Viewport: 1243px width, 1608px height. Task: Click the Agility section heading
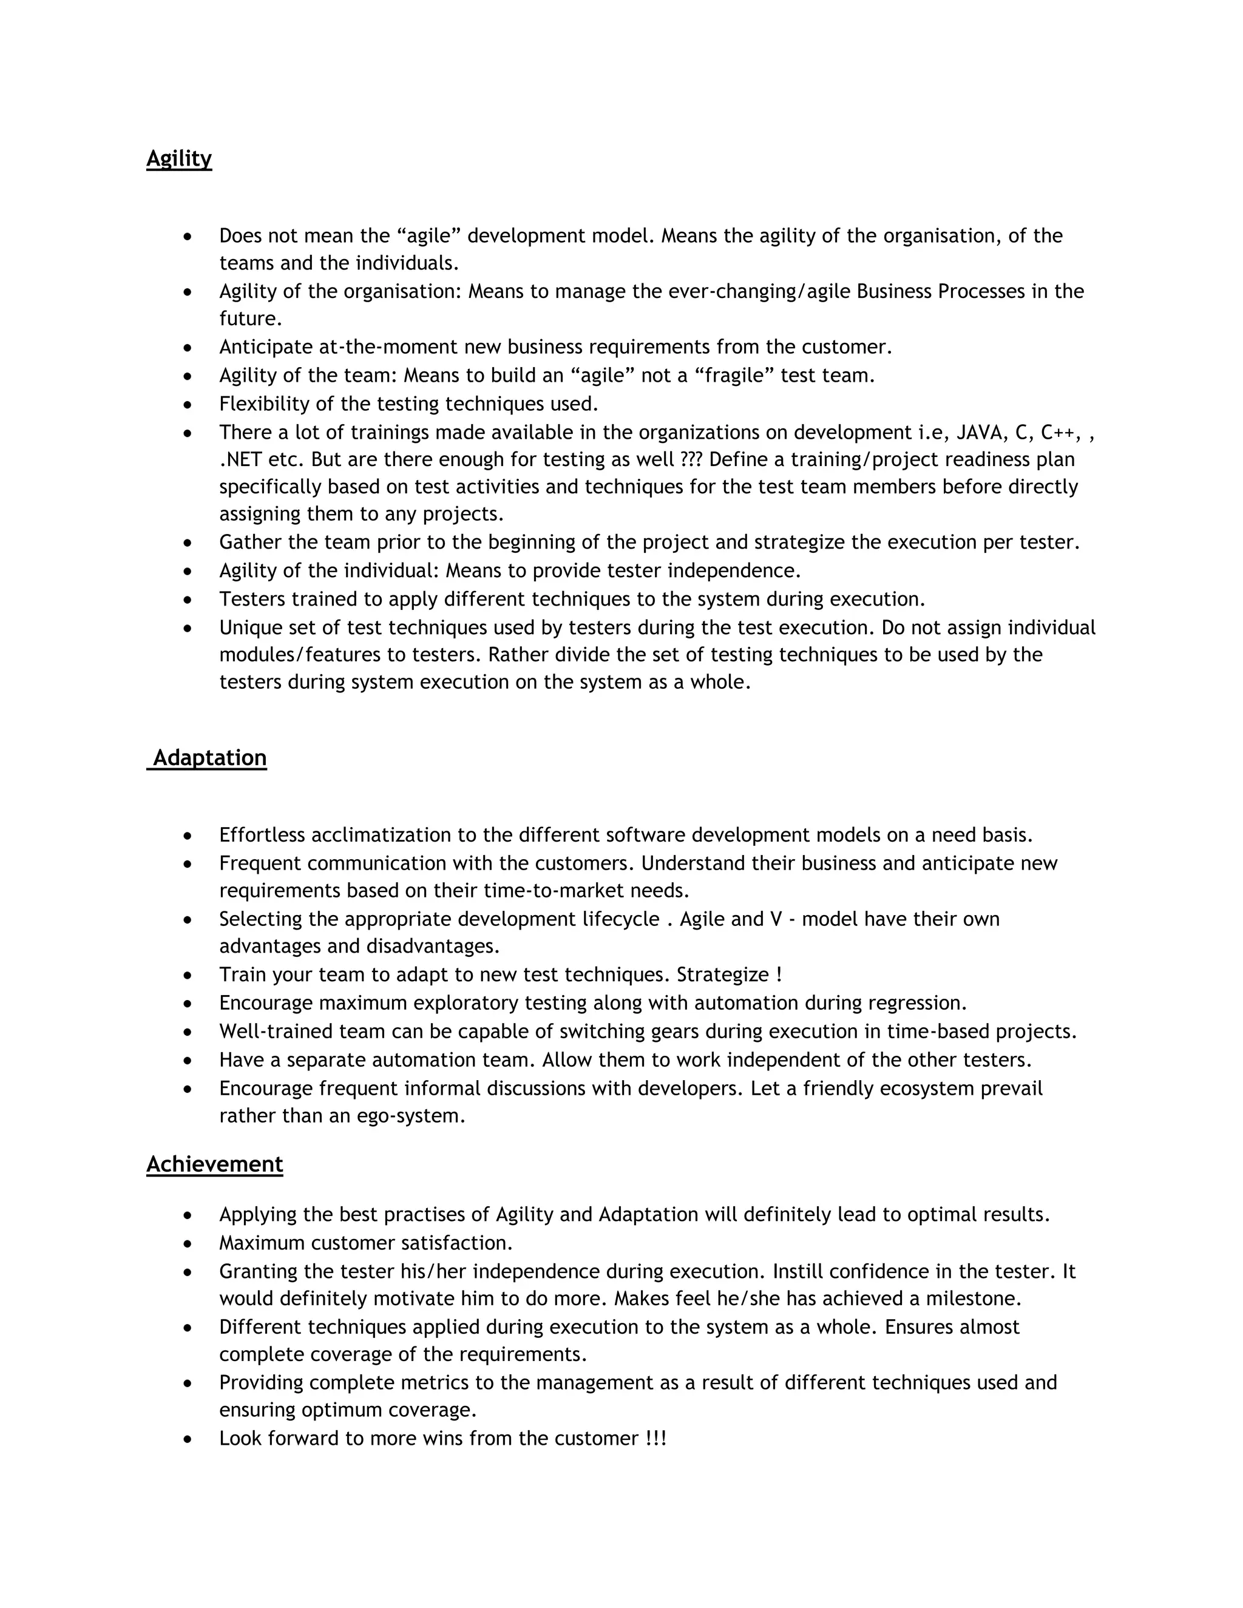tap(179, 159)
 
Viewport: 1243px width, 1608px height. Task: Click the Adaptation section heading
tap(209, 758)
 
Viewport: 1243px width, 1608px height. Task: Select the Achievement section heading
tap(214, 1164)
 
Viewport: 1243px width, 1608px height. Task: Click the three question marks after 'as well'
tap(691, 460)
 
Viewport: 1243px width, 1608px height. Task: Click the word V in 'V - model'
tap(774, 919)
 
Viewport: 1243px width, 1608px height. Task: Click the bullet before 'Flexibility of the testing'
tap(189, 405)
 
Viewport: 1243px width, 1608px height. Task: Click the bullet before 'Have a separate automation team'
tap(189, 1061)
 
